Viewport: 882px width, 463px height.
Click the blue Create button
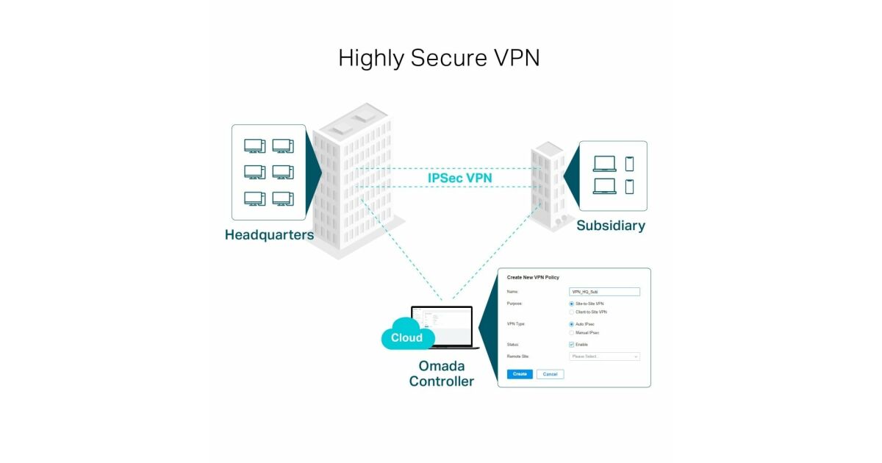coord(520,374)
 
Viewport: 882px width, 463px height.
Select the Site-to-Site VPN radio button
coord(572,304)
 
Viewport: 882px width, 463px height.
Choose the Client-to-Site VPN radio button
coord(572,312)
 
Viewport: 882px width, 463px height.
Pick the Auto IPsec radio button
coord(572,324)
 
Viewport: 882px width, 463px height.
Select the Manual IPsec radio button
coord(572,333)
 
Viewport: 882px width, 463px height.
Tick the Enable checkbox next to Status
coord(572,345)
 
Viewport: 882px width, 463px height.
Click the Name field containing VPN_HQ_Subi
coord(604,292)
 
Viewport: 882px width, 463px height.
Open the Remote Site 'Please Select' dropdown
coord(604,356)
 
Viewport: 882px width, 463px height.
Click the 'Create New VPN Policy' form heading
coord(533,277)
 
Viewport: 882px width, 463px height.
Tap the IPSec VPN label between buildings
coord(460,178)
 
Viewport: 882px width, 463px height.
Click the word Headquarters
coord(269,235)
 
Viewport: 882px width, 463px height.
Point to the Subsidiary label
coord(610,226)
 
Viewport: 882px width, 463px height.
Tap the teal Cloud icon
coord(406,335)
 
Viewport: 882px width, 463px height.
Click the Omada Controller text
coord(441,373)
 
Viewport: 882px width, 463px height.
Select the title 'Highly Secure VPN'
coord(439,58)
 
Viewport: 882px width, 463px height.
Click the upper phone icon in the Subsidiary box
coord(629,164)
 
